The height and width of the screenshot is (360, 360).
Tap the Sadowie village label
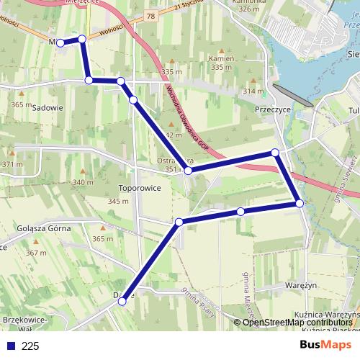pyautogui.click(x=48, y=107)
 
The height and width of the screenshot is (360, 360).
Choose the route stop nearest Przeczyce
pyautogui.click(x=275, y=152)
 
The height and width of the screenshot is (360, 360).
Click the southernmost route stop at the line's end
pyautogui.click(x=122, y=302)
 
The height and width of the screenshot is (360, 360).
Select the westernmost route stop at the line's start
pyautogui.click(x=60, y=43)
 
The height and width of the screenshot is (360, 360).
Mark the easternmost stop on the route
pyautogui.click(x=300, y=204)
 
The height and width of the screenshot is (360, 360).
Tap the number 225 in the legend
pyautogui.click(x=30, y=346)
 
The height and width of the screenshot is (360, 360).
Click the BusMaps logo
pyautogui.click(x=325, y=345)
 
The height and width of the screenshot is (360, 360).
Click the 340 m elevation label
pyautogui.click(x=83, y=182)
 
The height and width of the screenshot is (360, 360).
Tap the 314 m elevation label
pyautogui.click(x=253, y=91)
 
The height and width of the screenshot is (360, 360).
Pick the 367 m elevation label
pyautogui.click(x=35, y=253)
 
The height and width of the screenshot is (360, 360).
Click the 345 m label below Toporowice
pyautogui.click(x=118, y=201)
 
